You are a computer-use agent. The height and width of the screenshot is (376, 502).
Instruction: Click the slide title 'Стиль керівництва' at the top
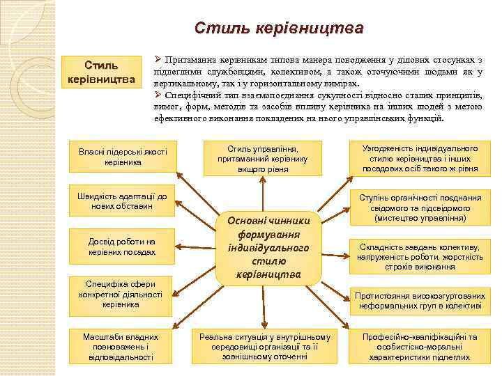[x=279, y=29]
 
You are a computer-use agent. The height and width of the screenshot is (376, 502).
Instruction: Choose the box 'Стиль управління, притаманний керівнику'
[x=263, y=159]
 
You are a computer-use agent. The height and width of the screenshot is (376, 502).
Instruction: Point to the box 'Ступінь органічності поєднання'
[x=420, y=207]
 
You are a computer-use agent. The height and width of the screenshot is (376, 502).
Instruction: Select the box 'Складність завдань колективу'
[x=420, y=256]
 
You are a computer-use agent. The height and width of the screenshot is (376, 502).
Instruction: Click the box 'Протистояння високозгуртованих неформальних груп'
[x=420, y=300]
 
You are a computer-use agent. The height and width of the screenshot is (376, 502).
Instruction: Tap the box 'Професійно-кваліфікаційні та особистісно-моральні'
[x=420, y=346]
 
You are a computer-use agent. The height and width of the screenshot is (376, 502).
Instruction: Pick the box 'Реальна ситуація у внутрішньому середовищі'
[x=264, y=346]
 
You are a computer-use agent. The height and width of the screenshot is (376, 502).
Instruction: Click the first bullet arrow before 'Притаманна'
[x=158, y=60]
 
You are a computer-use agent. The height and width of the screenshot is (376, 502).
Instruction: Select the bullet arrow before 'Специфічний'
[x=158, y=94]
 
